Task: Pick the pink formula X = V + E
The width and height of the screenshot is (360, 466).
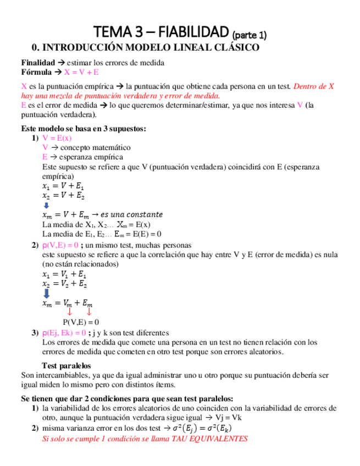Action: click(82, 72)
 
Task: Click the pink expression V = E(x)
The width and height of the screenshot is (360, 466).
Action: click(57, 139)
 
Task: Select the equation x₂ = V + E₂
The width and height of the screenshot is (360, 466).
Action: click(63, 195)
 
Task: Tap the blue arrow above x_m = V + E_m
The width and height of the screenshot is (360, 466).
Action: click(46, 205)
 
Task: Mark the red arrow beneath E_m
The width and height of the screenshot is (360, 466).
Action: click(88, 313)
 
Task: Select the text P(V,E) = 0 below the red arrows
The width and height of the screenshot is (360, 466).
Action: click(81, 322)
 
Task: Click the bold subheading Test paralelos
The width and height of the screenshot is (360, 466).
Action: click(67, 365)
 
